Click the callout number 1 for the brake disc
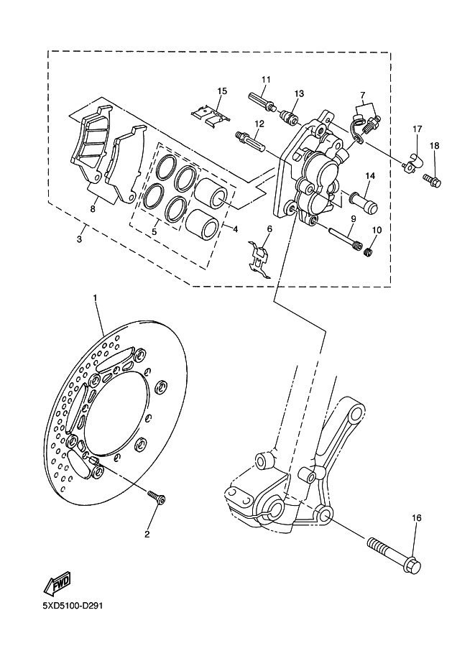pyautogui.click(x=95, y=298)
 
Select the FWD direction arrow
pyautogui.click(x=57, y=583)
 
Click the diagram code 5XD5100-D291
pyautogui.click(x=73, y=606)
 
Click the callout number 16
pyautogui.click(x=416, y=518)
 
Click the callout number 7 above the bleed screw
pyautogui.click(x=362, y=95)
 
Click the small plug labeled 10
pyautogui.click(x=368, y=252)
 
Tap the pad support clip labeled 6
pyautogui.click(x=260, y=260)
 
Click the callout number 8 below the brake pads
pyautogui.click(x=93, y=208)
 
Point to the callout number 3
pyautogui.click(x=80, y=239)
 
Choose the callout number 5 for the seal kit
pyautogui.click(x=154, y=231)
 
